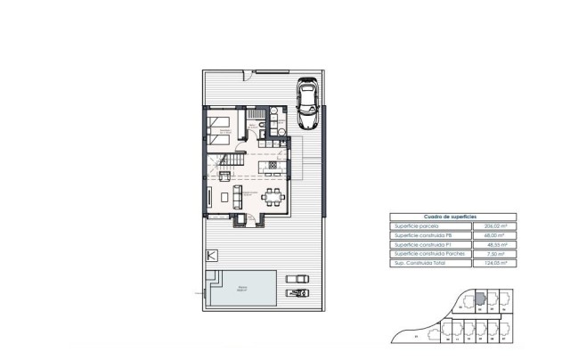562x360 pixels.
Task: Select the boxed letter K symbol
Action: coord(210,255)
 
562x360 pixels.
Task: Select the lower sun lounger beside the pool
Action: coord(297,293)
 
